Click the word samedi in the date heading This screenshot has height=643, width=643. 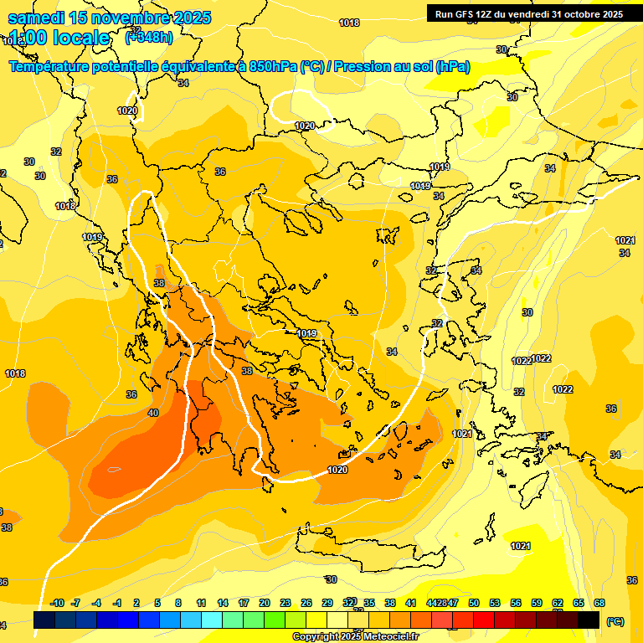click(37, 18)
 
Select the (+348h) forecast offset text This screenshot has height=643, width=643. click(150, 38)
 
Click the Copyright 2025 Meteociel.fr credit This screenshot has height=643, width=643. click(356, 636)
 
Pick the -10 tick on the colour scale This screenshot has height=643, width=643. click(57, 603)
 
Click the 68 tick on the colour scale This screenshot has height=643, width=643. click(599, 603)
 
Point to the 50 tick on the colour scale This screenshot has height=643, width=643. click(474, 603)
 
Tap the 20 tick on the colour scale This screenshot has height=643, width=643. click(265, 603)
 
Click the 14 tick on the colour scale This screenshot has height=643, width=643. click(223, 603)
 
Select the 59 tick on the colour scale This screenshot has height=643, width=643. click(537, 603)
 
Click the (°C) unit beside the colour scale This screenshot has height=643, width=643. click(615, 621)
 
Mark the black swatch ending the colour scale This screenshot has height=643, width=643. click(589, 620)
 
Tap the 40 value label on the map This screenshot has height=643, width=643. click(152, 413)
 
